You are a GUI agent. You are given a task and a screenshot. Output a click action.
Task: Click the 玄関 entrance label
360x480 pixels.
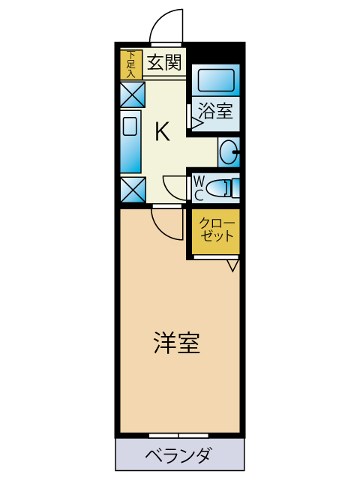pos(164,63)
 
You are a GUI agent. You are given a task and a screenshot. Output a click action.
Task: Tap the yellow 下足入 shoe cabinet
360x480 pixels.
pos(131,64)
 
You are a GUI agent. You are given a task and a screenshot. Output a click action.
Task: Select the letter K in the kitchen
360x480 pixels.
pos(162,132)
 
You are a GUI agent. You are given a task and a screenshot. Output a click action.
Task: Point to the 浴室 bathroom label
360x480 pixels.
pos(215,111)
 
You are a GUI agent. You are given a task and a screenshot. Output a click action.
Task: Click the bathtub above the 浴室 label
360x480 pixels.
pos(216,78)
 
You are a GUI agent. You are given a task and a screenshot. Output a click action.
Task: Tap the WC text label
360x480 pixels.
pos(199,187)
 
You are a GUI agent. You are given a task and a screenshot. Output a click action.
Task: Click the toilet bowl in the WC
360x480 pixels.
pos(221,187)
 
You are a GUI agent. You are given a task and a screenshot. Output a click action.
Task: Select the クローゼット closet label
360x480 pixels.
pos(217,230)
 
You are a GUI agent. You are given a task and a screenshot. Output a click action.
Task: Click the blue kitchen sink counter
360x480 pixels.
pos(131,142)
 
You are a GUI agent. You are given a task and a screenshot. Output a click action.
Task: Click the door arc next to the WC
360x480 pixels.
pos(174,185)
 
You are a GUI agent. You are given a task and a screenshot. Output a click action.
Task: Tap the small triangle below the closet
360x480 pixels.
pos(232,265)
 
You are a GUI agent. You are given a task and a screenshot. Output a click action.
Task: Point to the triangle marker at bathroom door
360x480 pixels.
pos(195,122)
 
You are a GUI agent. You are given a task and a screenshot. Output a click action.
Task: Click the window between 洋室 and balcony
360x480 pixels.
pos(178,435)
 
